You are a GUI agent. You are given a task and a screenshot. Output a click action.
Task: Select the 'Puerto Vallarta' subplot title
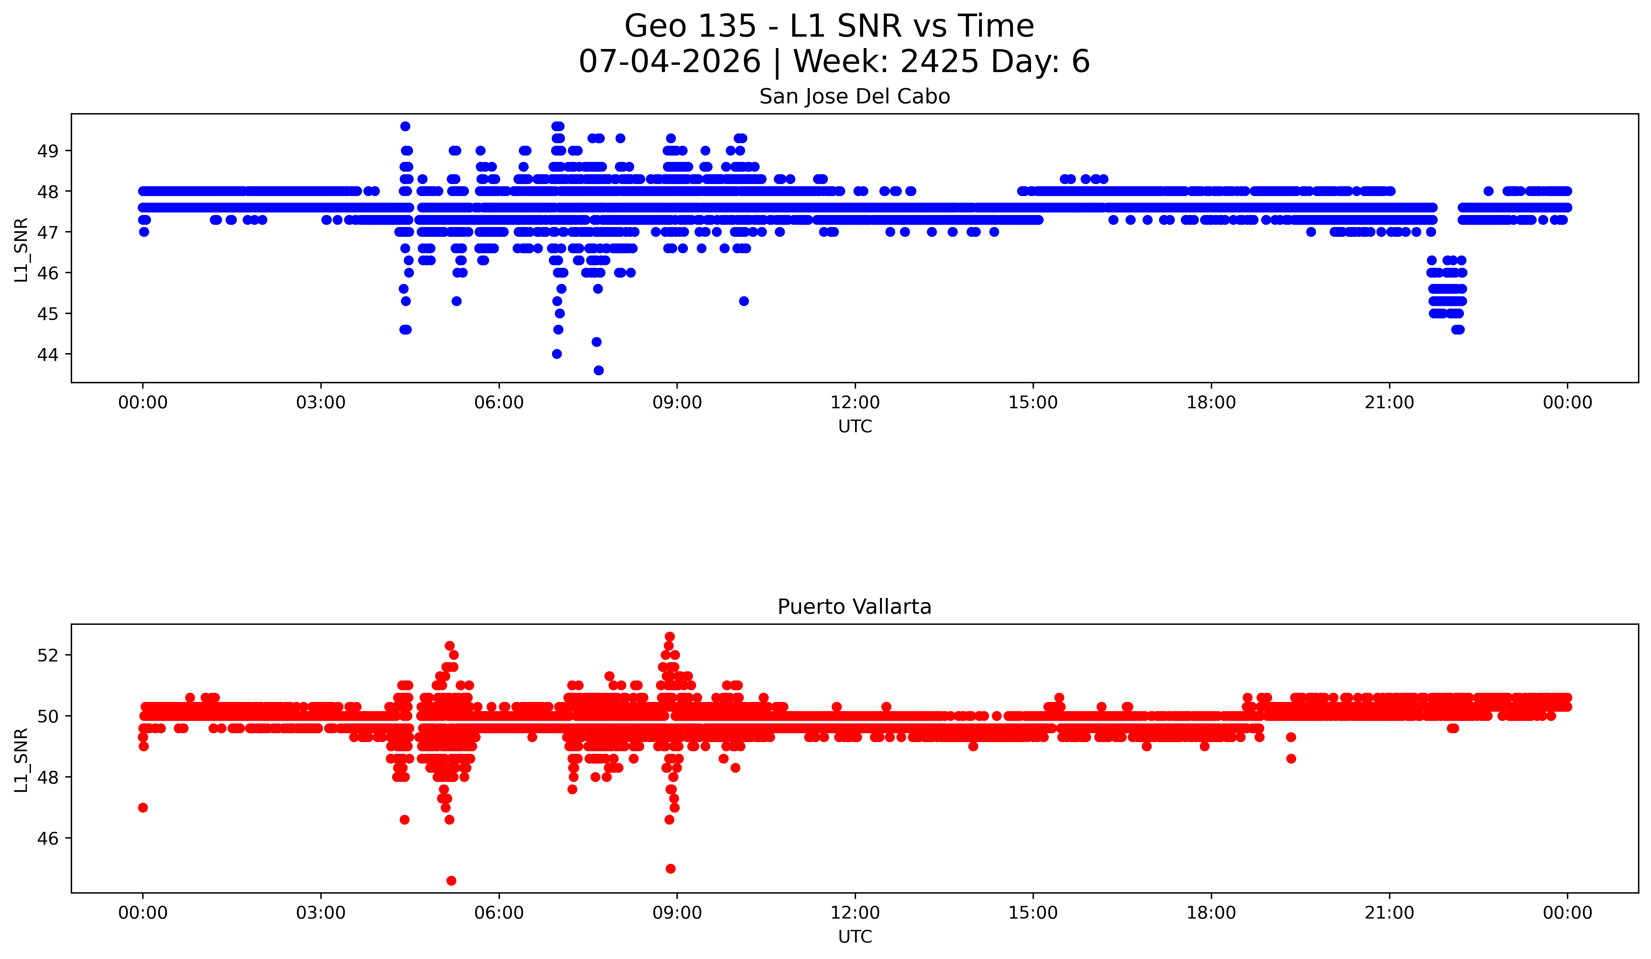854,607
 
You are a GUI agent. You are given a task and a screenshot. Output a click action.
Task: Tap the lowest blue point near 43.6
598,370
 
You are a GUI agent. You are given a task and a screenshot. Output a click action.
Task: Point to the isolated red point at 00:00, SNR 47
143,808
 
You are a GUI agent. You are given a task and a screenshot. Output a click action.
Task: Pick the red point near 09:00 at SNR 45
670,869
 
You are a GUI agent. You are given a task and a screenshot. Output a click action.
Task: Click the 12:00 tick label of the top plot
855,403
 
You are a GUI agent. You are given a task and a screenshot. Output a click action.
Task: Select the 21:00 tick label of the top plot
1390,403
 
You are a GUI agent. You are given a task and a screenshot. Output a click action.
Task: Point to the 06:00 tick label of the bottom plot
499,913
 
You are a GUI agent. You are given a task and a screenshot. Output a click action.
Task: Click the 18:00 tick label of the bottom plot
1211,913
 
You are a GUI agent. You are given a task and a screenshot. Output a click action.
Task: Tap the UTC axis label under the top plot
855,427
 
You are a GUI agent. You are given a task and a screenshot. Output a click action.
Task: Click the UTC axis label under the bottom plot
855,937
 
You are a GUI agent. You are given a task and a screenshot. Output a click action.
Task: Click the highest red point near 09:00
670,636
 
